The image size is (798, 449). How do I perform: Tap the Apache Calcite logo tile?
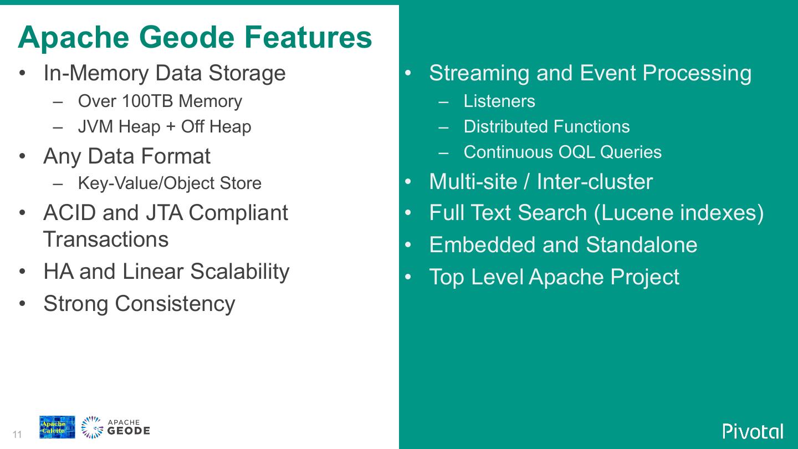pos(57,427)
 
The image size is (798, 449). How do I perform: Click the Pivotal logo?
pos(753,431)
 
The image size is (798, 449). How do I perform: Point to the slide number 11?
pos(17,435)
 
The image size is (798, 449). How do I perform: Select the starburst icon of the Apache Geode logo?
pos(92,427)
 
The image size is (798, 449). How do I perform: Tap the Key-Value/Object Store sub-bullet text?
pos(170,183)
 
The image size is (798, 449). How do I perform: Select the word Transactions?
pos(106,239)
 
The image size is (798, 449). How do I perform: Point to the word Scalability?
pos(239,272)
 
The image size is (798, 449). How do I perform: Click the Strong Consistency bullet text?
pos(139,304)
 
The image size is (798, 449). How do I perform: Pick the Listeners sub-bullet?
pos(499,101)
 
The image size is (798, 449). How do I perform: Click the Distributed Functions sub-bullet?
pos(546,127)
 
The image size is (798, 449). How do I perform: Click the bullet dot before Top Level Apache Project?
pos(408,277)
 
